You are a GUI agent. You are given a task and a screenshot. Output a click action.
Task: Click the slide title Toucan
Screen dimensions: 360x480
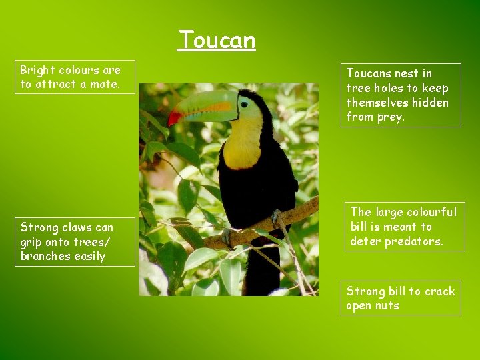(x=217, y=40)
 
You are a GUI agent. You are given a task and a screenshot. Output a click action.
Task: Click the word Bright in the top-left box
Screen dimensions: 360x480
(x=37, y=70)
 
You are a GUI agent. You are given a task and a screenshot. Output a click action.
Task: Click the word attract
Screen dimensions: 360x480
(x=56, y=84)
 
